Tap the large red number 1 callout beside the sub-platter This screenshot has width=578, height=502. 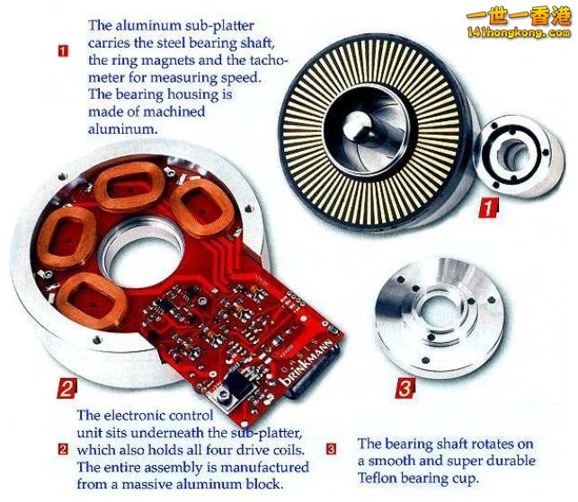[x=488, y=208]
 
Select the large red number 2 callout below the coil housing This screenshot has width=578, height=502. [x=67, y=388]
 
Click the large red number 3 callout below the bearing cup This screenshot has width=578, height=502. [x=405, y=388]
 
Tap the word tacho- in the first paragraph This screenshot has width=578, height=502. [x=268, y=60]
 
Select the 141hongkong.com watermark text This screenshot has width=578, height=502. [x=519, y=33]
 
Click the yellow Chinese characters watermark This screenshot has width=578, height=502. [x=519, y=17]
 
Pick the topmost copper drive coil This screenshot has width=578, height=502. [x=129, y=186]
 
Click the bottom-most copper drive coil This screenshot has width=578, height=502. [x=92, y=301]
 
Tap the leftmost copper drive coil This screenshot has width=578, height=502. [x=67, y=237]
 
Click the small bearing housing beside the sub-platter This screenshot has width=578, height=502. [x=520, y=155]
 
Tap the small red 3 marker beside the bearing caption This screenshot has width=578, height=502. [x=332, y=449]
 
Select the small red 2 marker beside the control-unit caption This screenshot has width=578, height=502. [x=64, y=449]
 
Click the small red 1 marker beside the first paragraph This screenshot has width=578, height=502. [x=64, y=51]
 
